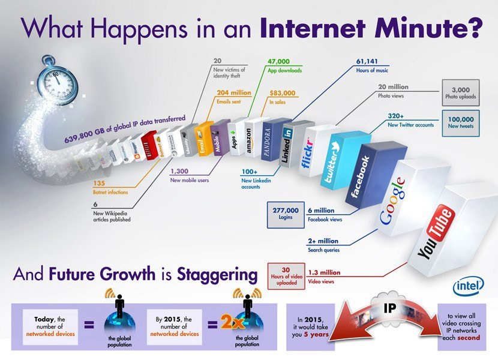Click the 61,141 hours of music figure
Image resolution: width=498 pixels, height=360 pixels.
pos(368,61)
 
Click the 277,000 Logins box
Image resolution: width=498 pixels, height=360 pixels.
pos(285,213)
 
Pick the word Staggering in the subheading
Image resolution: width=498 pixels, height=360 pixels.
pos(218,275)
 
